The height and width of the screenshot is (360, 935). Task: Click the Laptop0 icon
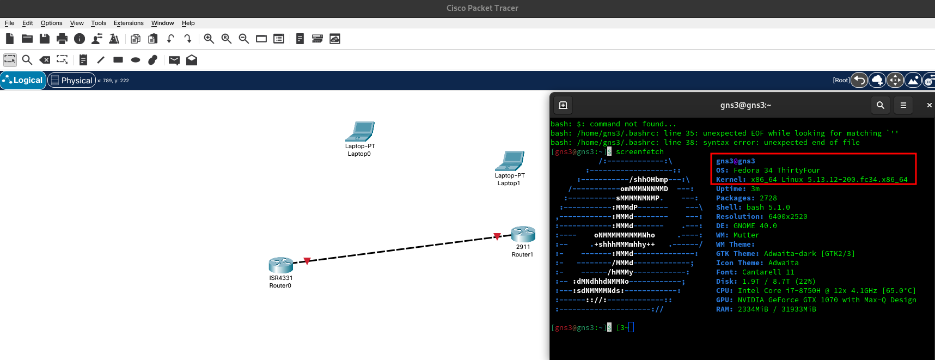coord(360,131)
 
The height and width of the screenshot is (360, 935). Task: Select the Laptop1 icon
coord(510,161)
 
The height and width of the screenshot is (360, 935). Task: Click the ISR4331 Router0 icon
coord(281,265)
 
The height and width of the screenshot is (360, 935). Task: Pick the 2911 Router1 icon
coord(523,234)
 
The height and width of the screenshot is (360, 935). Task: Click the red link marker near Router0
coord(307,261)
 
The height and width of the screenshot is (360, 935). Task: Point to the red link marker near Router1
coord(497,236)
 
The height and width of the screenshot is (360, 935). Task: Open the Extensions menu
coord(129,23)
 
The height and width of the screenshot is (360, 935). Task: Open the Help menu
coord(188,23)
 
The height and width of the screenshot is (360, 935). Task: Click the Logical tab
coord(23,80)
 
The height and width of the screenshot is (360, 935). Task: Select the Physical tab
coord(72,80)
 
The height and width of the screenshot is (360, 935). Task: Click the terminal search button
coord(881,105)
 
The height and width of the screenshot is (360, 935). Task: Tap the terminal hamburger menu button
coord(903,105)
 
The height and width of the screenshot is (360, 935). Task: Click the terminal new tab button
coord(563,105)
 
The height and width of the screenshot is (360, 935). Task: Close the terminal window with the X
coord(929,105)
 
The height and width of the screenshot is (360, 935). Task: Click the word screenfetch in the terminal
coord(639,152)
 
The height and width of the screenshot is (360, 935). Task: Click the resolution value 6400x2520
coord(787,217)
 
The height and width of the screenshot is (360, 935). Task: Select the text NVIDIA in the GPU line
coord(750,300)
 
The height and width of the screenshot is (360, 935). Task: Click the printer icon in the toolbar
coord(62,39)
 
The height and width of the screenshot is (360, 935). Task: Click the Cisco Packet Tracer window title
coord(482,8)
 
